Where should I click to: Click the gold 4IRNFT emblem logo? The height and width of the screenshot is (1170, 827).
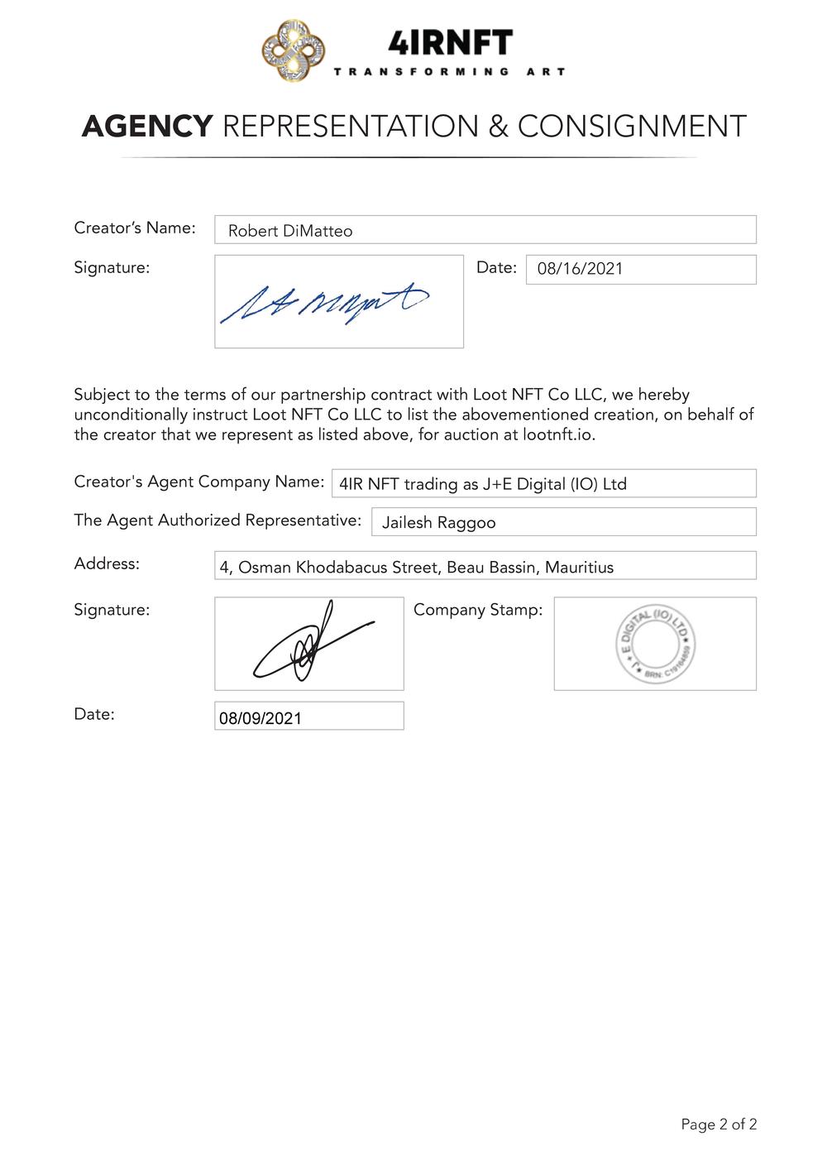point(293,51)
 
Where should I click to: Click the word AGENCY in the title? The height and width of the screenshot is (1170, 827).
point(147,127)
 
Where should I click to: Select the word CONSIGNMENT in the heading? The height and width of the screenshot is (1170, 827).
point(632,127)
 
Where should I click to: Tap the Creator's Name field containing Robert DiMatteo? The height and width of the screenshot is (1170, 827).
point(485,230)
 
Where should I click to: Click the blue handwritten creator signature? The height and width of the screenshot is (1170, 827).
point(324,303)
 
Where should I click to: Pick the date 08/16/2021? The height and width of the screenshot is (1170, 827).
point(580,269)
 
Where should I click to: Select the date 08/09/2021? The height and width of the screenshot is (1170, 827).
point(261,717)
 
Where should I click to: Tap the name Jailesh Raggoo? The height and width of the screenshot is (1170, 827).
point(438,523)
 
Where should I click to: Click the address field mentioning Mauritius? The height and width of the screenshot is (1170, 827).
point(485,567)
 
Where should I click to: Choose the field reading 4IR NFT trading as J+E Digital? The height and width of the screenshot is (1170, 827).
point(482,484)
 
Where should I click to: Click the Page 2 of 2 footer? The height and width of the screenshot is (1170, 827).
point(719,1124)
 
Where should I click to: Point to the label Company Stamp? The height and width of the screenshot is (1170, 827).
point(478,610)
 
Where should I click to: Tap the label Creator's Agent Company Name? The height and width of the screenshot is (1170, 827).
point(199,482)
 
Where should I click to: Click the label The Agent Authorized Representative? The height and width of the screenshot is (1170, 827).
point(218,520)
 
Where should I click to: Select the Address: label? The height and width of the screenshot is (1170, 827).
point(107,563)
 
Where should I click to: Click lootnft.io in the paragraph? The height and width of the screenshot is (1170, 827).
point(558,434)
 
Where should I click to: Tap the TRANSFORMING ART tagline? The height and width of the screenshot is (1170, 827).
point(449,72)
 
